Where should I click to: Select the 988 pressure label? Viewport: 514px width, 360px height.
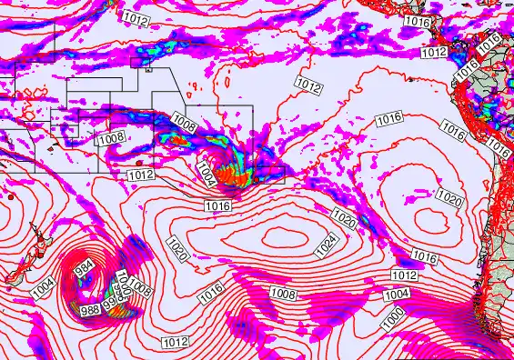[x=91, y=310]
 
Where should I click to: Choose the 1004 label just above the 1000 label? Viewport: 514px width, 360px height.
[x=396, y=295]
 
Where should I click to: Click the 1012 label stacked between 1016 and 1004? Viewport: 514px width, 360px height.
[x=404, y=275]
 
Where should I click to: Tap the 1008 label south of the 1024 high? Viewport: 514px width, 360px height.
[x=283, y=294]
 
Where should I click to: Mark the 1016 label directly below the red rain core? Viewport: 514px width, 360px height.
[x=218, y=207]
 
